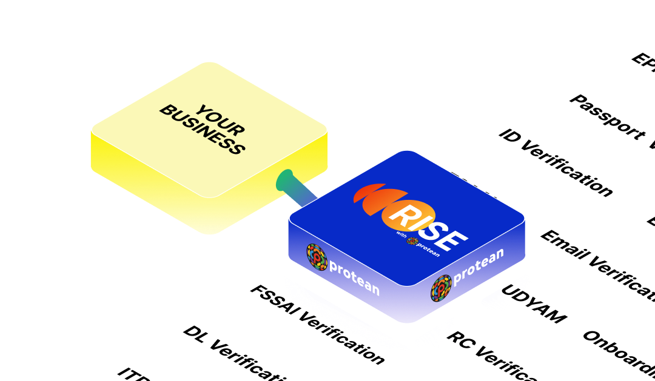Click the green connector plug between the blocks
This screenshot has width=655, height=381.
(287, 181)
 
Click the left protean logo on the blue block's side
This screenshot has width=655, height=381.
(317, 257)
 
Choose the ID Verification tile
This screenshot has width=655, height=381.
(555, 161)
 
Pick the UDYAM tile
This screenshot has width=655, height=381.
(534, 303)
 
